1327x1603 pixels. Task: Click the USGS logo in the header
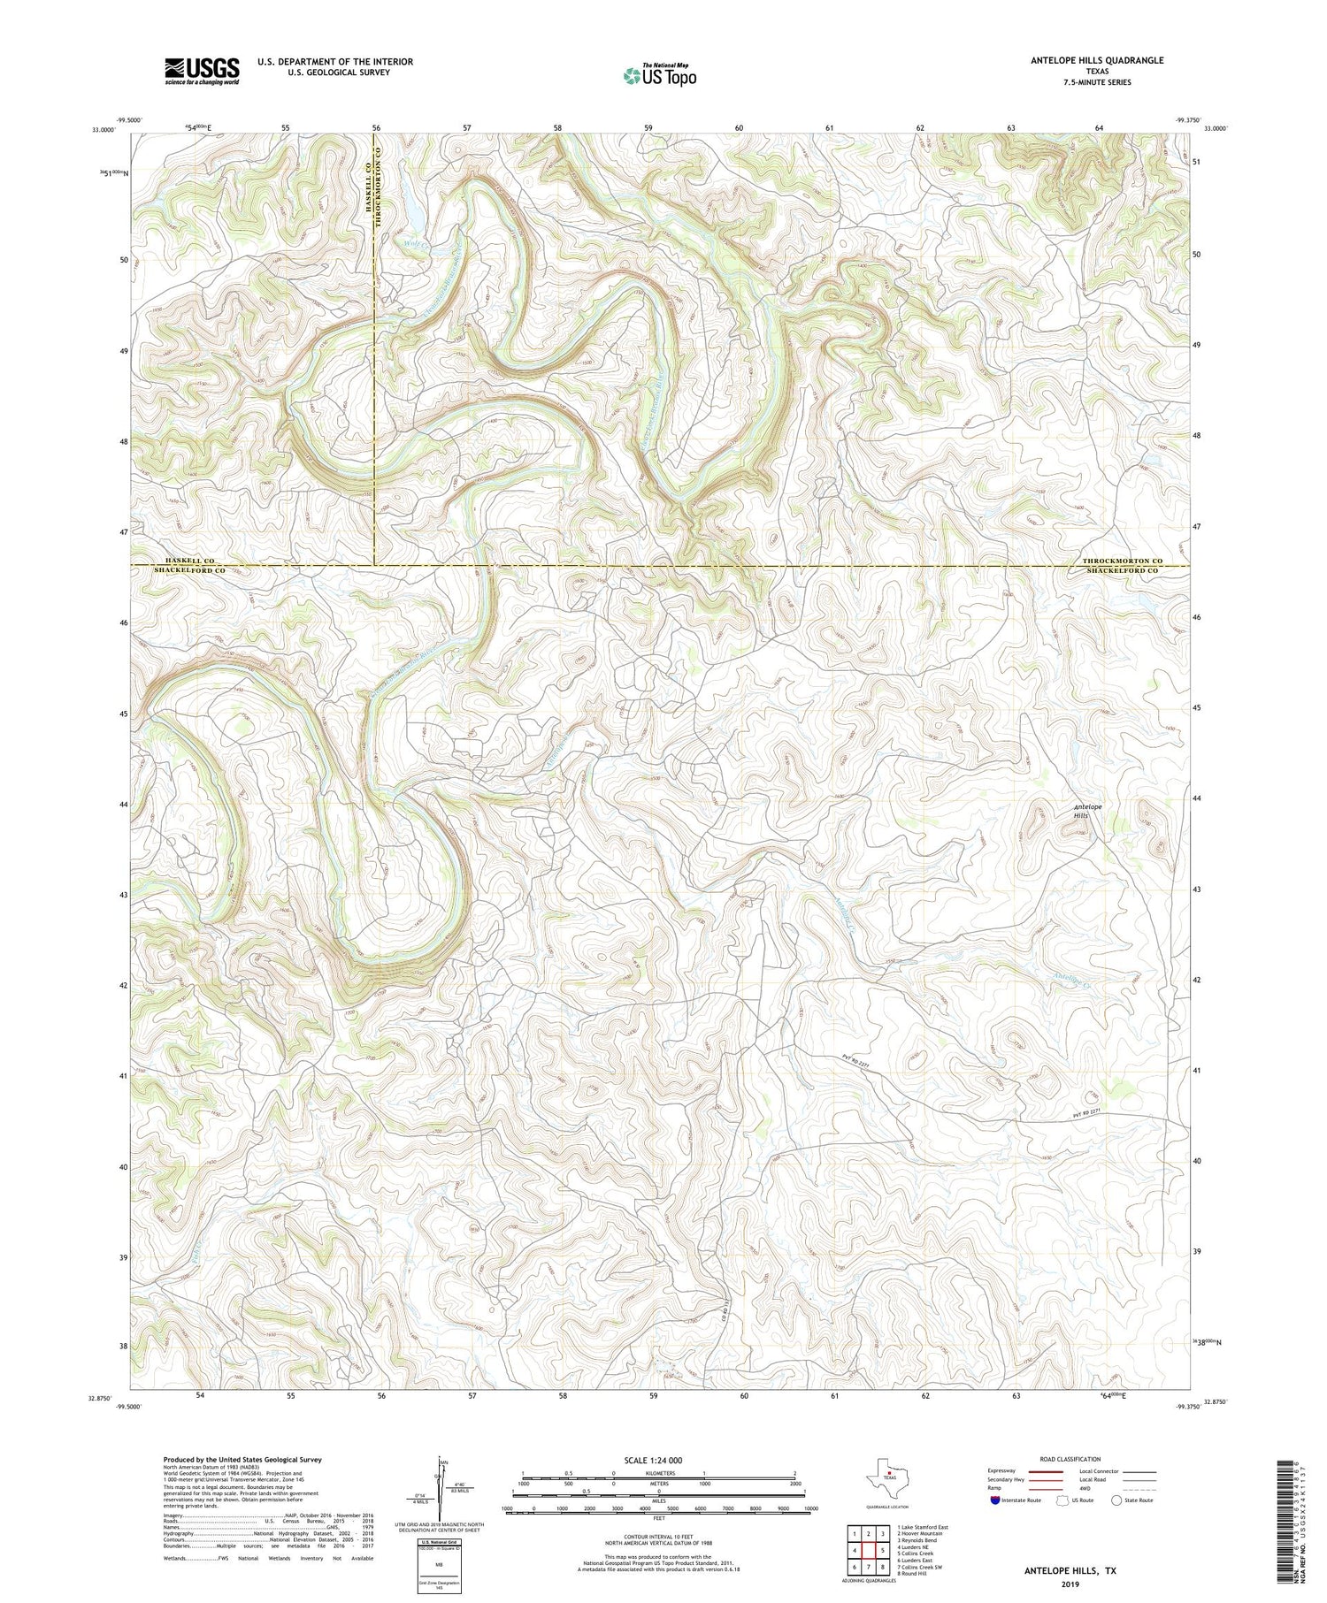[202, 71]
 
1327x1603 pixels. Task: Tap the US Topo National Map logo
[660, 75]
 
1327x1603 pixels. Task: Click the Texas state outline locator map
[886, 1474]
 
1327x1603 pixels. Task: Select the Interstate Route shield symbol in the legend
[994, 1500]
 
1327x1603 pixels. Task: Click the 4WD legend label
[1086, 1487]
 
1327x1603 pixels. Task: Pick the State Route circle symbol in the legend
[1116, 1500]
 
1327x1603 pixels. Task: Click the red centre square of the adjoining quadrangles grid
[869, 1550]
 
